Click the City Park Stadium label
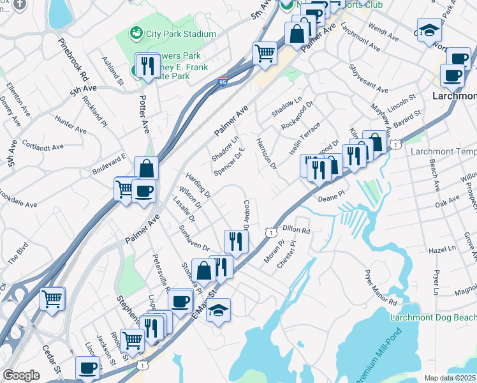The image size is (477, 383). tap(181, 34)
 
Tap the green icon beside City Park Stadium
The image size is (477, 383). tap(135, 33)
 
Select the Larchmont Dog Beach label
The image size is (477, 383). tap(433, 317)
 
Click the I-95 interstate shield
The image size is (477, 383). tap(222, 82)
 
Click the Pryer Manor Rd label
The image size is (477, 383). tap(381, 288)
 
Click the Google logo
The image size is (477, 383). tap(21, 375)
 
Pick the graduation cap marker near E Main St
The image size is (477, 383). tap(218, 311)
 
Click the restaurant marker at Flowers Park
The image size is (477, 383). tap(147, 66)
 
